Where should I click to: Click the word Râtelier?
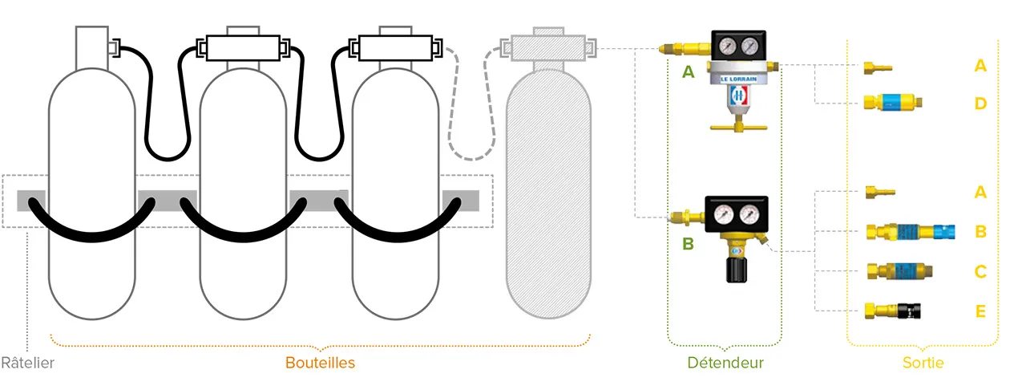27,363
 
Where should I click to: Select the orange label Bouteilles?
320,363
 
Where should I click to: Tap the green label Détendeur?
725,363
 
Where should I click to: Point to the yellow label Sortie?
923,363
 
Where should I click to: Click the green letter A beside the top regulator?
688,72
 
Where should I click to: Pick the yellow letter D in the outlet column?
980,104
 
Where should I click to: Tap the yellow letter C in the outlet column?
980,271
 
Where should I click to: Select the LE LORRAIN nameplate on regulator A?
738,78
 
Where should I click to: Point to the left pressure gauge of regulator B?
721,214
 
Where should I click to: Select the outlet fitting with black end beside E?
891,310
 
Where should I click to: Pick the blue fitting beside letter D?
891,103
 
